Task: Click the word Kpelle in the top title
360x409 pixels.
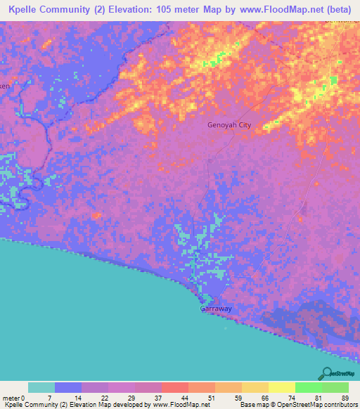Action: (x=25, y=9)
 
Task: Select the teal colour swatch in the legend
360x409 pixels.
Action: (x=41, y=387)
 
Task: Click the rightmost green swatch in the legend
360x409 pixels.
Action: (x=335, y=387)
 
